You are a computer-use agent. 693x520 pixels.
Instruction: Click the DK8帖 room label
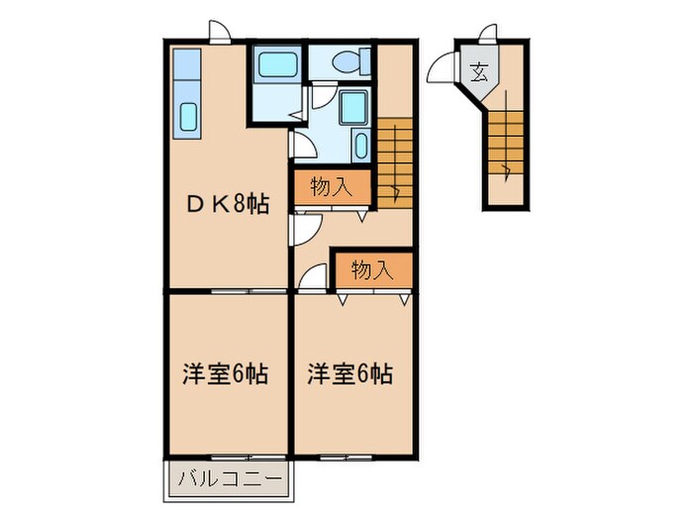229,205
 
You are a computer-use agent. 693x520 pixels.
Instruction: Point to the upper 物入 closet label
330,185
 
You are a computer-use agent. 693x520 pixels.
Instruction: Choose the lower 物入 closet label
371,269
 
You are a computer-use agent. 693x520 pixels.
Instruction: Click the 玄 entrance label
479,72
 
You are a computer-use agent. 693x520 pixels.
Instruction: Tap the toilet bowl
351,61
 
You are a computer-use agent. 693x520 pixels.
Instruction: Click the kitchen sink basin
189,117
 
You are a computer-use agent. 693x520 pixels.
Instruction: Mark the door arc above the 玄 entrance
489,34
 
